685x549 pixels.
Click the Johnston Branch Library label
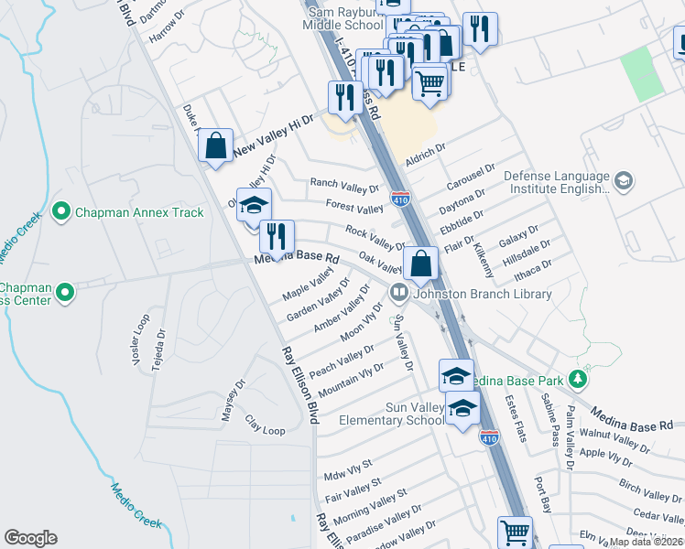coord(484,294)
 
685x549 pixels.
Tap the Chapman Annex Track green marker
coord(61,212)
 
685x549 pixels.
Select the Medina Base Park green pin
coord(577,378)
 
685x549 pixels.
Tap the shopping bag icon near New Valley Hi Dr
coord(215,145)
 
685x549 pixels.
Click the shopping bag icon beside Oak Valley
coord(420,264)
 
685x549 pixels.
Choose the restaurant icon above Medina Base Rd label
coord(275,237)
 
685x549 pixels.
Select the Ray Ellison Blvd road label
coord(299,384)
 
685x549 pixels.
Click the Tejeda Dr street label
coord(160,346)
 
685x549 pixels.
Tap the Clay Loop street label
coord(266,425)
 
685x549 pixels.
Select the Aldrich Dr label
coord(426,147)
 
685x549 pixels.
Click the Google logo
coord(31,538)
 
